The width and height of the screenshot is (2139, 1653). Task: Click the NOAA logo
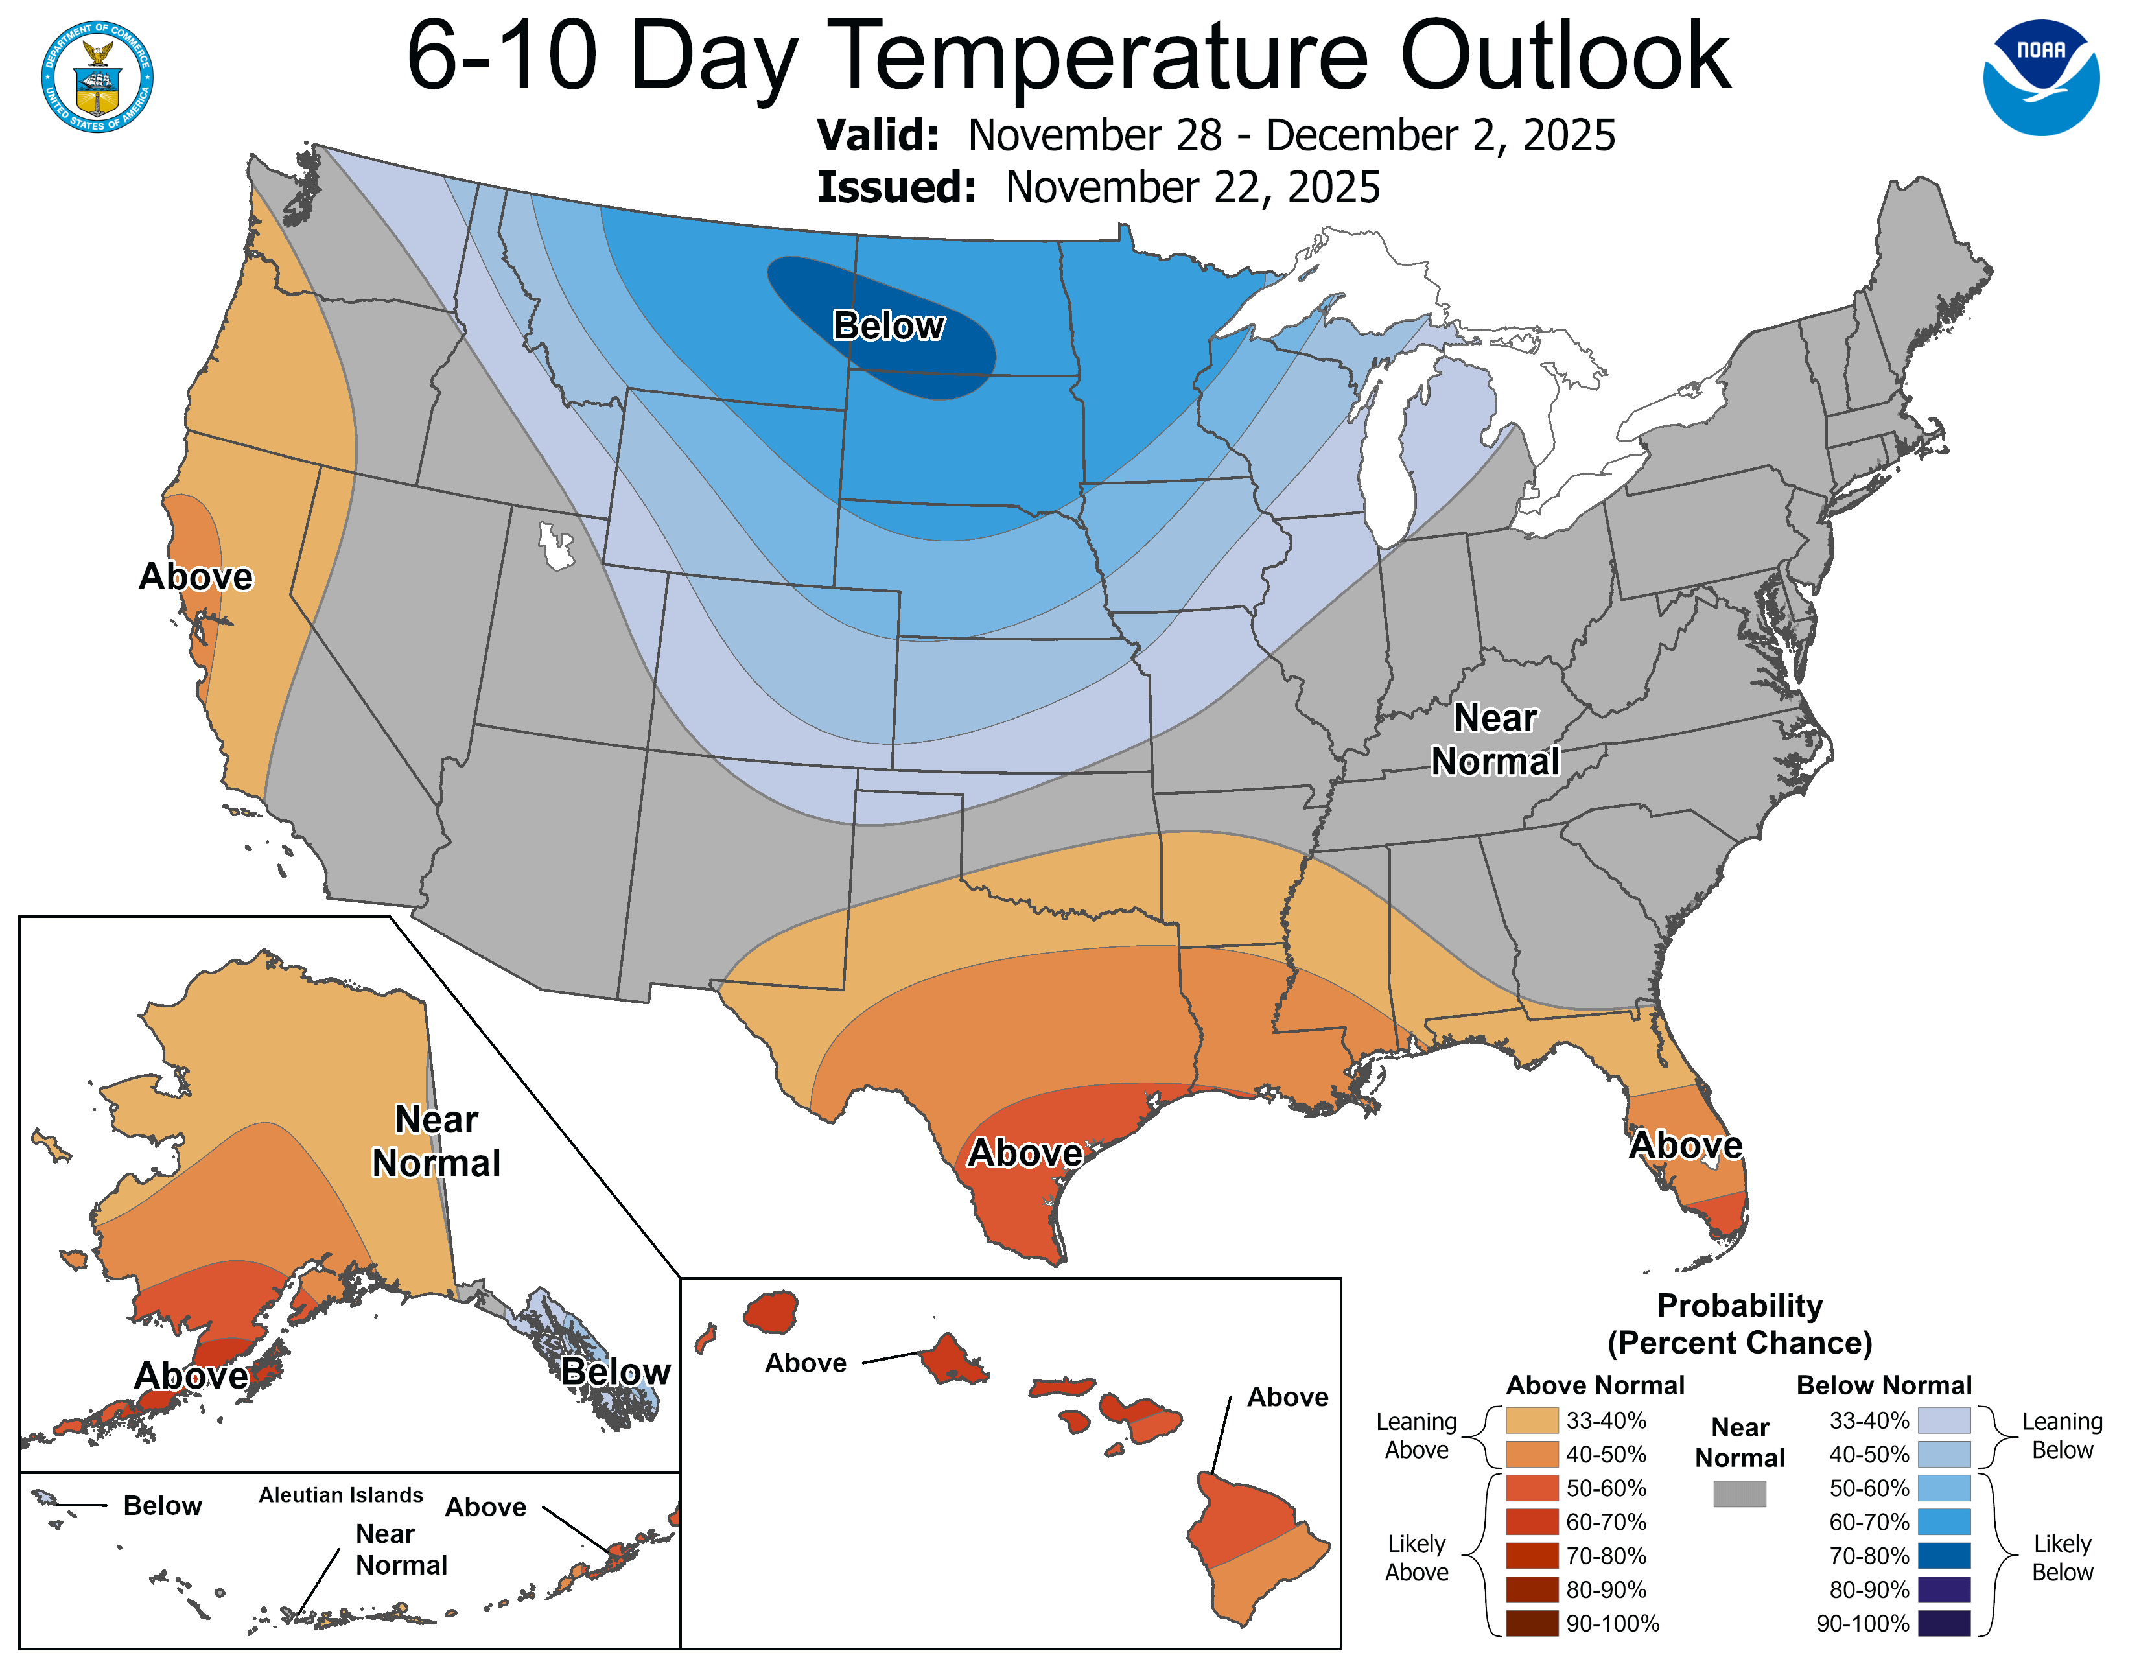click(x=2041, y=77)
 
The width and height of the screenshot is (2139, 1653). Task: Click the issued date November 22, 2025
click(x=1192, y=187)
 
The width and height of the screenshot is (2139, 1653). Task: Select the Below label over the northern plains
click(x=888, y=325)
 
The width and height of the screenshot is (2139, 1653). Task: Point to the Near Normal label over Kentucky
click(x=1495, y=740)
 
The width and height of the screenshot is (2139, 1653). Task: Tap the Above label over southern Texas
click(x=1024, y=1153)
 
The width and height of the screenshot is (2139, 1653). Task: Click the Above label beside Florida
click(x=1685, y=1145)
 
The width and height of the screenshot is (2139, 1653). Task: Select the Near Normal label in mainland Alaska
click(x=436, y=1141)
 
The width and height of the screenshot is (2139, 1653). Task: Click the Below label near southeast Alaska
click(x=615, y=1371)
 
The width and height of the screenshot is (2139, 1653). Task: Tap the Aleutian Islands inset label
click(x=341, y=1494)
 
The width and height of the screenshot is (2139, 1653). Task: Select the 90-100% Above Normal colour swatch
click(x=1532, y=1623)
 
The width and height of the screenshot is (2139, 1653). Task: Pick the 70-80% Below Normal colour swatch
click(x=1943, y=1555)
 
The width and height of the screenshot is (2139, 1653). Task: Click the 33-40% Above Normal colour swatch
click(x=1532, y=1420)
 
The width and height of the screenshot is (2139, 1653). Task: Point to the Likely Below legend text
click(x=2062, y=1557)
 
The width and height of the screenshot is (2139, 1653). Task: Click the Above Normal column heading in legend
click(x=1595, y=1385)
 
